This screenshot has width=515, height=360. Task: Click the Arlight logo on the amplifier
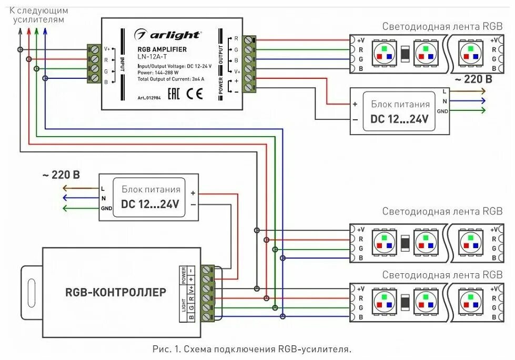(x=167, y=35)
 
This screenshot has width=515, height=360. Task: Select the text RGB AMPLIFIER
(x=162, y=49)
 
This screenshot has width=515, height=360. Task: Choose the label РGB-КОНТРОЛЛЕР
(x=116, y=292)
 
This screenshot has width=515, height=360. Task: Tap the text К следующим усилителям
(x=39, y=15)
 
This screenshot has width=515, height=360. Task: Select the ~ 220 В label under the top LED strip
(x=473, y=79)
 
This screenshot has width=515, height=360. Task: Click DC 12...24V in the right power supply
(x=400, y=119)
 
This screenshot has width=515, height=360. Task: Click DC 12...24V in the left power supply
(x=150, y=204)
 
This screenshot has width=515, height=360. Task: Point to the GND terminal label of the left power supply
(x=106, y=209)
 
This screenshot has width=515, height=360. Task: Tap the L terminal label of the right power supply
(x=445, y=91)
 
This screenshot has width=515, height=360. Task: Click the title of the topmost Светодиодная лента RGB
(x=442, y=27)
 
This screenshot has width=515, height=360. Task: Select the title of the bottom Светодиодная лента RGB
(x=442, y=274)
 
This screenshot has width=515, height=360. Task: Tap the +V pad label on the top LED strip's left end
(x=361, y=40)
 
